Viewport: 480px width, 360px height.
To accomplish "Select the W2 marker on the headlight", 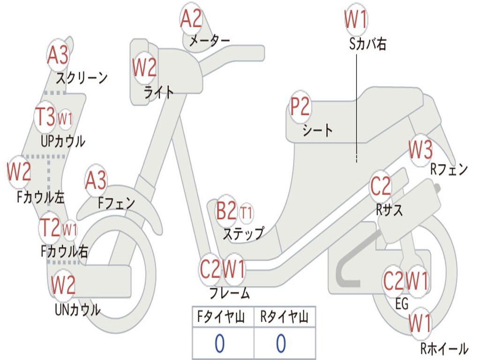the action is pyautogui.click(x=144, y=68).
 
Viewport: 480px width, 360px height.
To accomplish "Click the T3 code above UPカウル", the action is pyautogui.click(x=46, y=117).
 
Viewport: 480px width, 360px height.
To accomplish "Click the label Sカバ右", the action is pyautogui.click(x=367, y=44).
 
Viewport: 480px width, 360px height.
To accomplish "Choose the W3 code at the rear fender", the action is pyautogui.click(x=420, y=150).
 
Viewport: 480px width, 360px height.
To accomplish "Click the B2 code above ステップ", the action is pyautogui.click(x=226, y=212).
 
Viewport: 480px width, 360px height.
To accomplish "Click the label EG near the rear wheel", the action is pyautogui.click(x=402, y=304).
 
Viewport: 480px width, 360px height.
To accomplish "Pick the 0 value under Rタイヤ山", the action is pyautogui.click(x=281, y=344).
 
